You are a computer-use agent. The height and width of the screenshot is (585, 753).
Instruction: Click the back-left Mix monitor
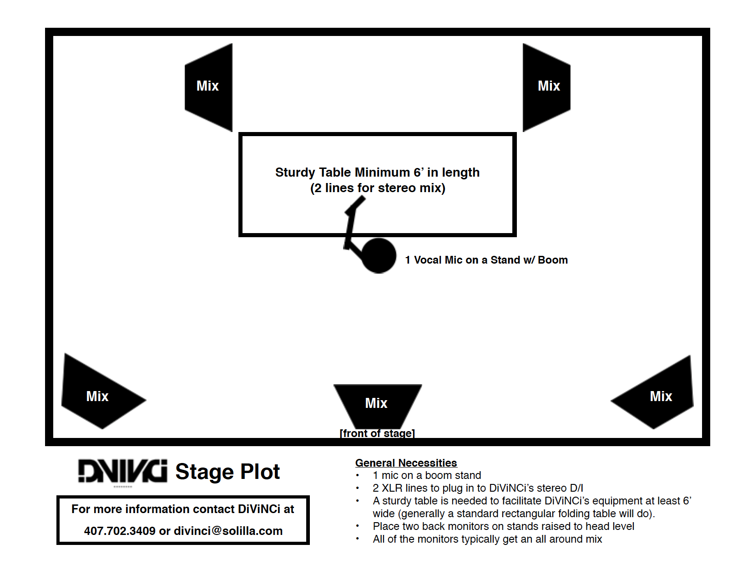click(x=209, y=87)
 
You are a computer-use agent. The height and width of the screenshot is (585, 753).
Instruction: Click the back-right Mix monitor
click(x=546, y=87)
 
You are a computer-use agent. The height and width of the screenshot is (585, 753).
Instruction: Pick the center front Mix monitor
click(x=377, y=403)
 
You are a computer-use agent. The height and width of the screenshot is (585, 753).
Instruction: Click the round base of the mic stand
click(x=379, y=256)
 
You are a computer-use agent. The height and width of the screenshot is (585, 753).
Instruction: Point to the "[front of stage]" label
click(x=377, y=433)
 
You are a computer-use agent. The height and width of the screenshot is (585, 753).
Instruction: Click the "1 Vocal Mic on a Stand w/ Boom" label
click(x=486, y=260)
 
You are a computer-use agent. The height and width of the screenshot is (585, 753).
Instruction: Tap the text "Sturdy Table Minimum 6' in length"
click(x=377, y=173)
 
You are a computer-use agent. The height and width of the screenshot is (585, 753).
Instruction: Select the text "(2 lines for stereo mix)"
click(x=378, y=188)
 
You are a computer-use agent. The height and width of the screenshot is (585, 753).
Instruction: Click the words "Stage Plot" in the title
click(x=227, y=472)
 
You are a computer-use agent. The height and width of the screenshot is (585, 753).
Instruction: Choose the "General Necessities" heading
click(x=406, y=463)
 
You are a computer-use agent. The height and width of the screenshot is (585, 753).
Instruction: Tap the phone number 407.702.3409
click(x=120, y=531)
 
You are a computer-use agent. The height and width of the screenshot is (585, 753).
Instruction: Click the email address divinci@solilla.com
click(x=228, y=531)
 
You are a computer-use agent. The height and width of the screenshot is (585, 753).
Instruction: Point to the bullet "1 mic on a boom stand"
click(x=427, y=475)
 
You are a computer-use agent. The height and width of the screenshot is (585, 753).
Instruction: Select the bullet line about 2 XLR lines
click(x=478, y=488)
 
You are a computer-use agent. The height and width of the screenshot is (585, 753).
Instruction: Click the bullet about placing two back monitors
click(x=503, y=526)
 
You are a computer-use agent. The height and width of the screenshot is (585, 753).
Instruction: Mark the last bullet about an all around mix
click(x=487, y=539)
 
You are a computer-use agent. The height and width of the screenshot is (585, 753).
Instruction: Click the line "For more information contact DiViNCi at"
click(x=183, y=509)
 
